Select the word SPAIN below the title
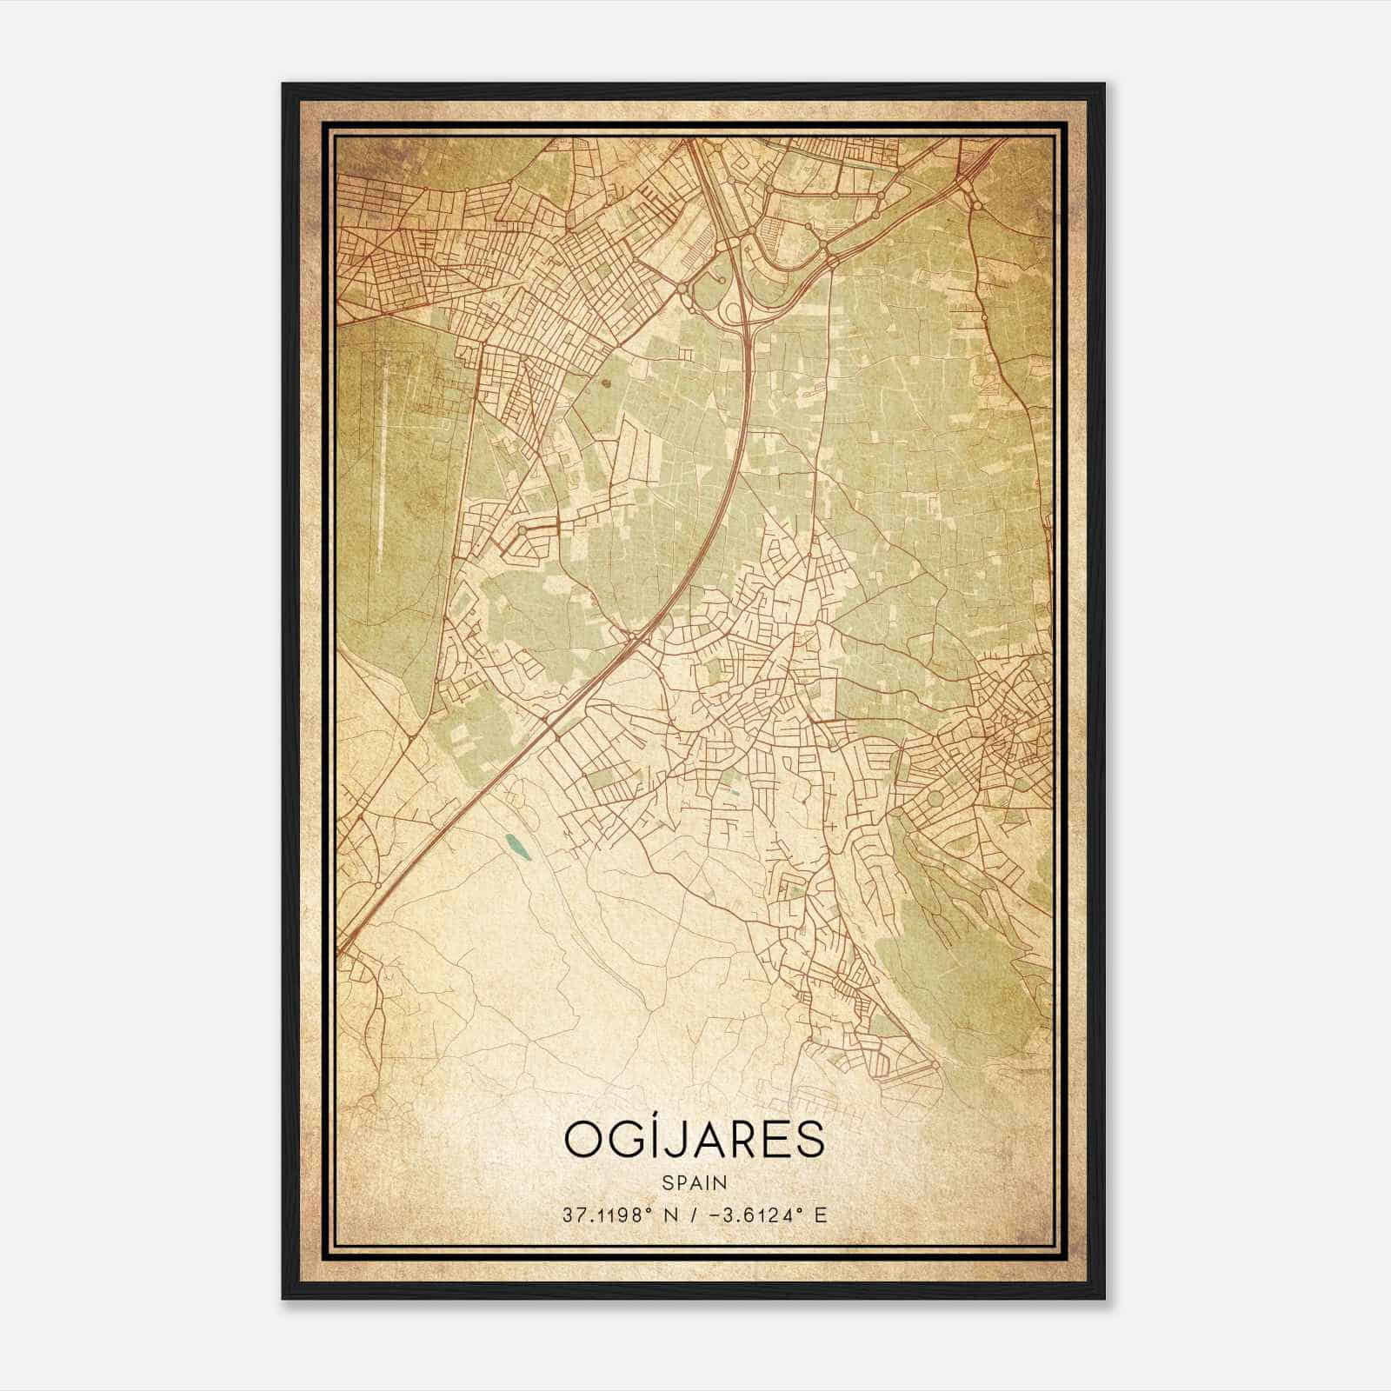(x=695, y=1182)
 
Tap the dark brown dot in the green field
(x=606, y=380)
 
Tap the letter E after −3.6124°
(x=821, y=1214)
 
